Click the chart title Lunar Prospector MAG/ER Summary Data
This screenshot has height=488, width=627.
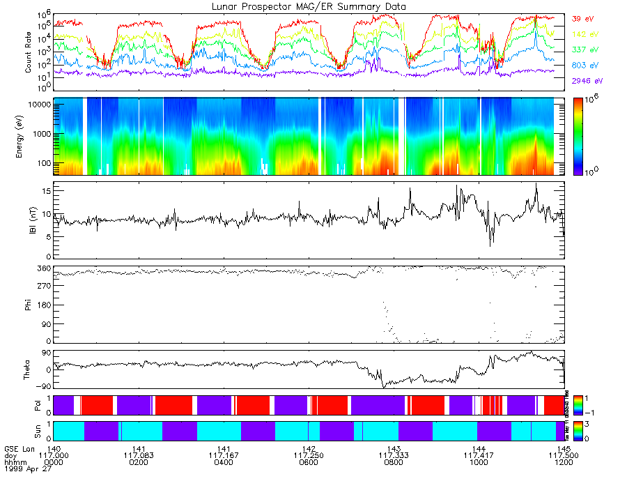coord(309,6)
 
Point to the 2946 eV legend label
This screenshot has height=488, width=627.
coord(585,81)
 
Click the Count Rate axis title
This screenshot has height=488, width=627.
coord(29,52)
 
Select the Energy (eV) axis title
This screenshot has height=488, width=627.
coord(29,137)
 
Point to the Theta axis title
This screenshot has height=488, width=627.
coord(29,370)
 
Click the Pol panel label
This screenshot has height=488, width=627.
coord(29,404)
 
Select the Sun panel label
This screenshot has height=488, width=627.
coord(29,430)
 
